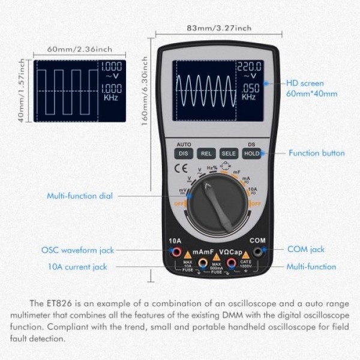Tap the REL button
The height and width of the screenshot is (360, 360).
coord(206,154)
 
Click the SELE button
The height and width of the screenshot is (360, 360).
coord(229,154)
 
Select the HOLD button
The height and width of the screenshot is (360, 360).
coord(251,154)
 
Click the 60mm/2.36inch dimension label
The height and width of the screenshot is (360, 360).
coord(71,49)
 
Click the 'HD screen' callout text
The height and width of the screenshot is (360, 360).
coord(304,83)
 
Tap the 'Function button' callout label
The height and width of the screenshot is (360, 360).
coord(316,153)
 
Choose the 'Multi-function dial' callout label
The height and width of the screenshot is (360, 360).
coord(80,196)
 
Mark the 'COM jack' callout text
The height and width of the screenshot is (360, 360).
coord(305,249)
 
